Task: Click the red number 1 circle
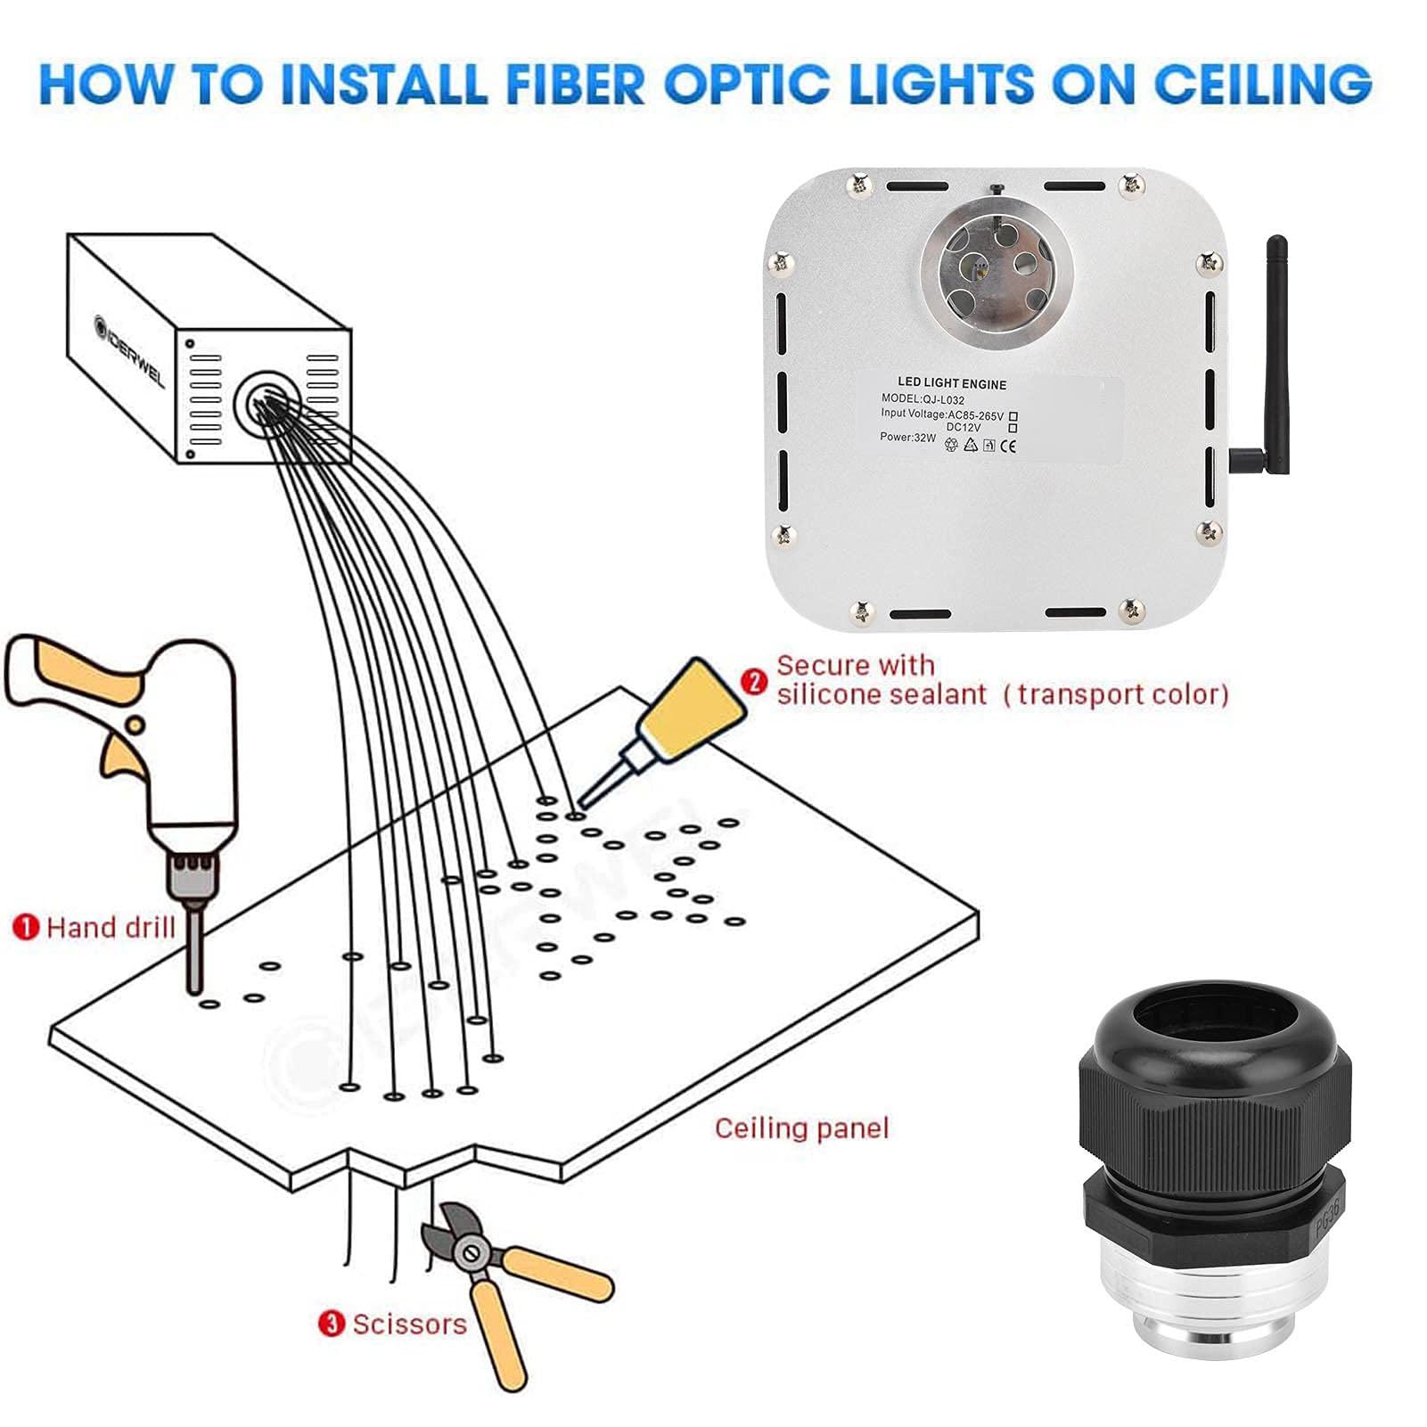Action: [x=26, y=927]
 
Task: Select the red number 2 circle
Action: [x=754, y=682]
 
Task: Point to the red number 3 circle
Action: [x=332, y=1324]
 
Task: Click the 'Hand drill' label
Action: [x=111, y=928]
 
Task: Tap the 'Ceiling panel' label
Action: [x=801, y=1128]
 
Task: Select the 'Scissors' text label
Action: [x=409, y=1324]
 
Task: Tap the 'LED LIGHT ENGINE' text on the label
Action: [x=951, y=384]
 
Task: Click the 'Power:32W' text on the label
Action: [x=907, y=438]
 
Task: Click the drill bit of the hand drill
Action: [x=194, y=949]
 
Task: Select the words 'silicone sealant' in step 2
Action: [x=882, y=694]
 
